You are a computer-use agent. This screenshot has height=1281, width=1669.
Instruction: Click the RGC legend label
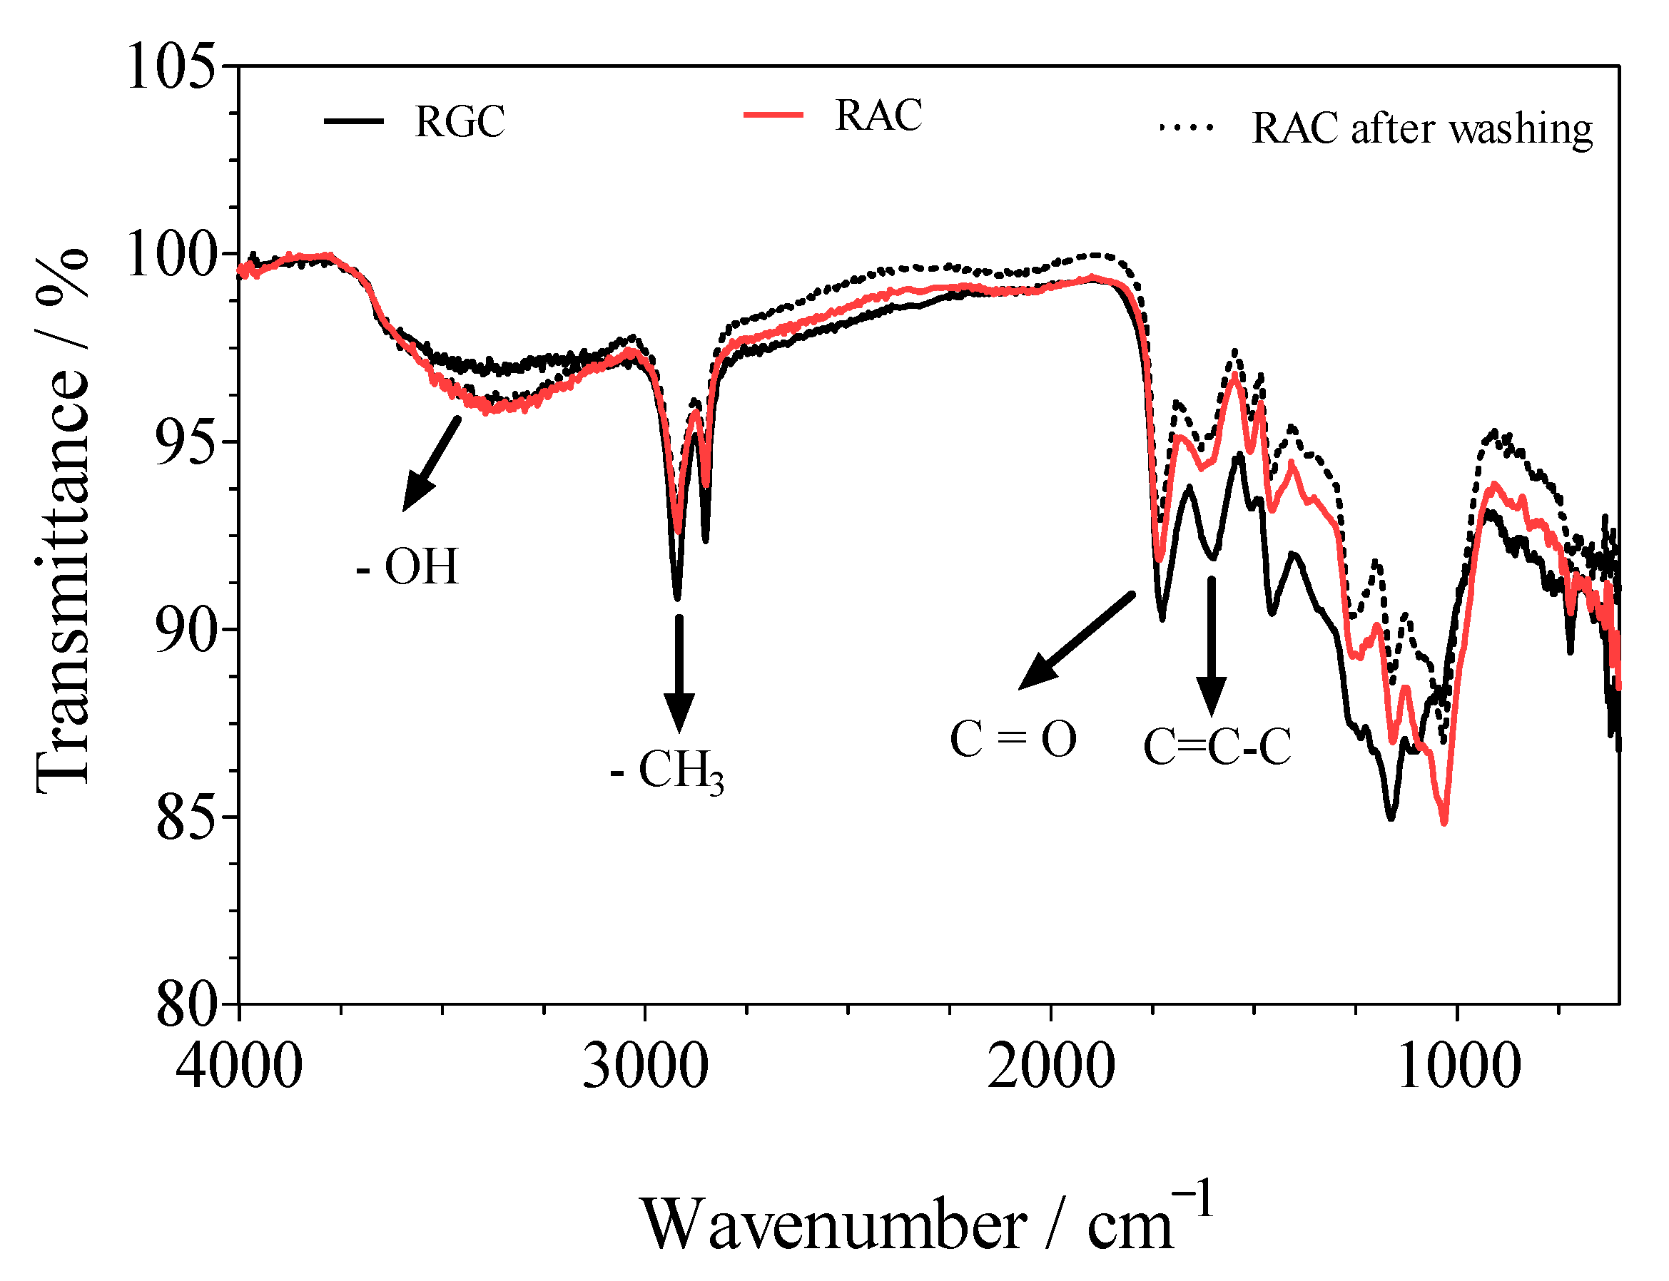click(x=460, y=121)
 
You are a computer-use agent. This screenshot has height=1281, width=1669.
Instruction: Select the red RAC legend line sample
click(x=773, y=115)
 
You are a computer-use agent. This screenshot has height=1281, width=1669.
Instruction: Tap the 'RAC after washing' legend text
click(x=1422, y=128)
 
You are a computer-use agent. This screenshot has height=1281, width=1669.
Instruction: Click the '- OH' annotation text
click(x=408, y=567)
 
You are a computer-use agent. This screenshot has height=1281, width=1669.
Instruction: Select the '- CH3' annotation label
click(x=666, y=771)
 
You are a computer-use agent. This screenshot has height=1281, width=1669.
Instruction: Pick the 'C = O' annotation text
click(x=1013, y=740)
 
